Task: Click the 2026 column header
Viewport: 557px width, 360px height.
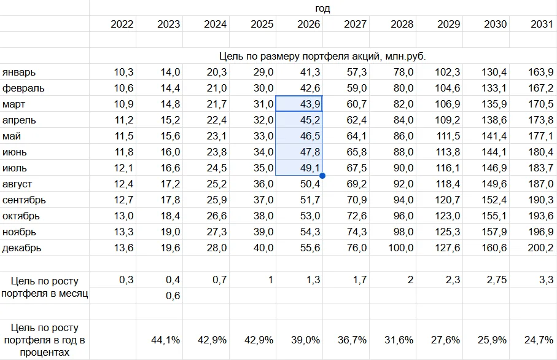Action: click(x=308, y=24)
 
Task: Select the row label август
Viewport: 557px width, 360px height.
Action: click(x=17, y=184)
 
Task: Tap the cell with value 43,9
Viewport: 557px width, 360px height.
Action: click(x=299, y=104)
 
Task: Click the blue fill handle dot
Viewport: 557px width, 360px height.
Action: click(x=322, y=176)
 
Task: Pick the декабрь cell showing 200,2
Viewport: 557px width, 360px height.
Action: click(x=540, y=248)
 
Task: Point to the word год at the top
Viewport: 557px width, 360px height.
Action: click(x=322, y=8)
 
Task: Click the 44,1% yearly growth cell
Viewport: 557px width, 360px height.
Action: click(x=165, y=340)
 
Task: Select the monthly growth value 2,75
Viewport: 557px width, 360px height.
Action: click(x=497, y=280)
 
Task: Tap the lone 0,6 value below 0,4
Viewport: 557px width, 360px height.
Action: click(x=173, y=295)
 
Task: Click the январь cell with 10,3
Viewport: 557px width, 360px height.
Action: click(x=123, y=72)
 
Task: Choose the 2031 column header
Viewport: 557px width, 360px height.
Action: click(x=542, y=24)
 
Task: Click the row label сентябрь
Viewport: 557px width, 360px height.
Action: click(x=24, y=200)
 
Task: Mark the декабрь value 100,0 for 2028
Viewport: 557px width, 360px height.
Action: click(x=400, y=248)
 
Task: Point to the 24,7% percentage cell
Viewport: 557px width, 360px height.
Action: click(x=539, y=340)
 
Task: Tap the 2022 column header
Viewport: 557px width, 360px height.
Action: click(x=122, y=24)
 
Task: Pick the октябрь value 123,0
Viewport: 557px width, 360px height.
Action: click(x=448, y=216)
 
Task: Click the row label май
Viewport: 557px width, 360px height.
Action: click(x=12, y=136)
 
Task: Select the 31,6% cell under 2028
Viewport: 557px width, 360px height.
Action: click(x=399, y=340)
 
